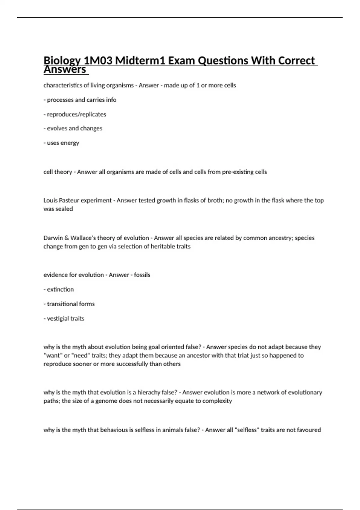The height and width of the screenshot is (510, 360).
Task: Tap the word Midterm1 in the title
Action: point(140,61)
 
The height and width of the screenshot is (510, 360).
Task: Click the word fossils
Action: point(142,275)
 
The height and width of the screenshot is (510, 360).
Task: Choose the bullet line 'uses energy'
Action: point(61,143)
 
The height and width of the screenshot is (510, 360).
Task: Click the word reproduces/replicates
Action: point(76,114)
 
